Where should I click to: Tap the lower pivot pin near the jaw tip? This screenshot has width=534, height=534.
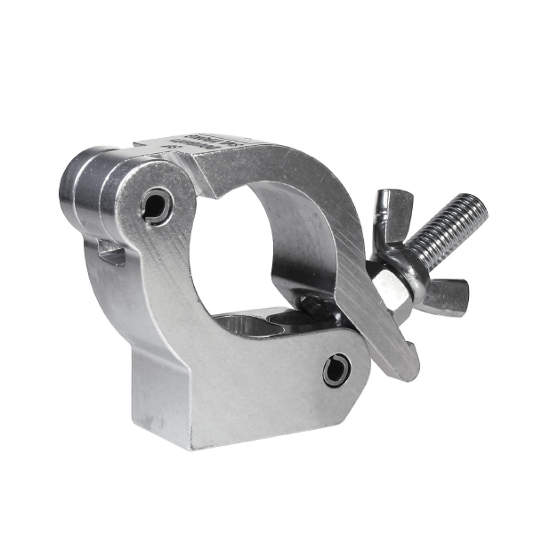tap(337, 367)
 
